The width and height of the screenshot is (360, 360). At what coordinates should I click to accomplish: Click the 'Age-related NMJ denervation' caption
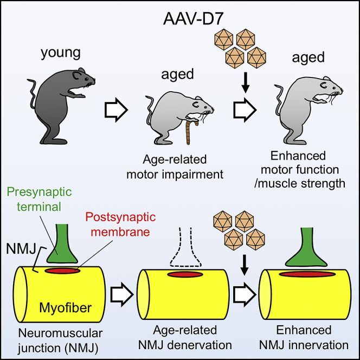pos(175,338)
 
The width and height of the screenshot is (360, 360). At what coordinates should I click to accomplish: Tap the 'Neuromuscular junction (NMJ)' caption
pos(52,338)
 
